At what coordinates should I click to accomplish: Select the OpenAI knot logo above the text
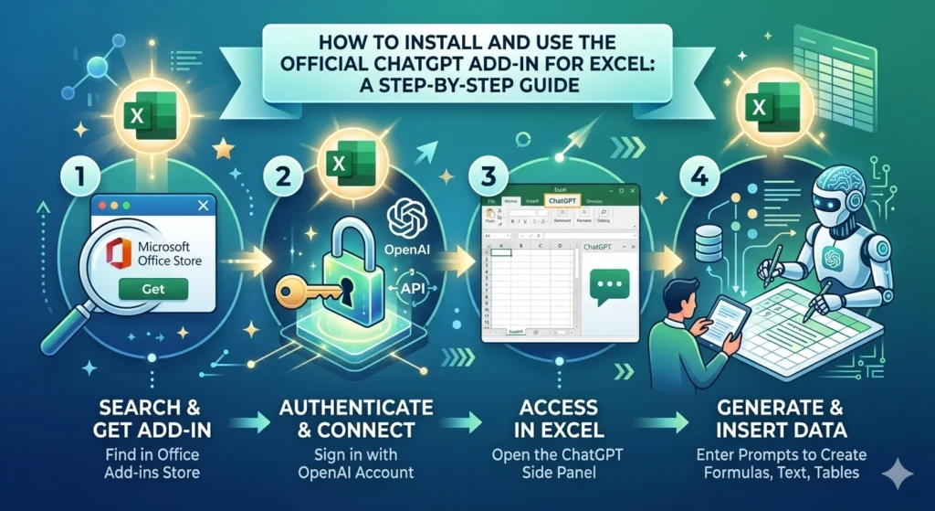[x=404, y=219]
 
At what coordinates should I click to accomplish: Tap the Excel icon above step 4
[x=766, y=108]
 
